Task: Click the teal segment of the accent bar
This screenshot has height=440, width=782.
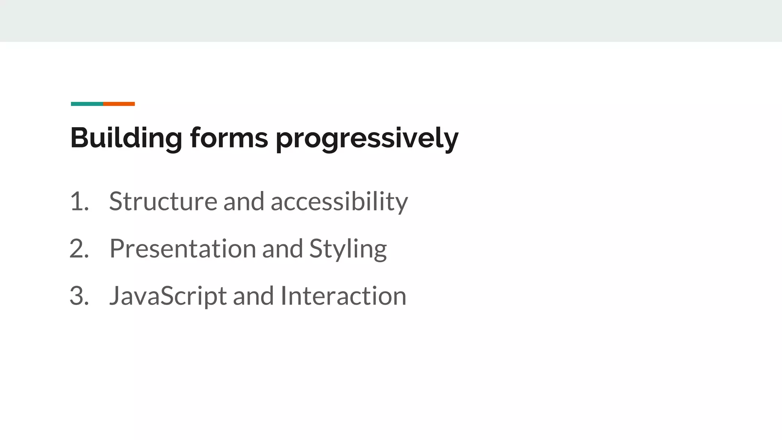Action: tap(87, 104)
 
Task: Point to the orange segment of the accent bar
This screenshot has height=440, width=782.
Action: tap(119, 104)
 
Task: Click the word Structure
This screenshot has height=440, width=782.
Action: tap(163, 201)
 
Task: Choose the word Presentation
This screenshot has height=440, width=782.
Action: tap(183, 249)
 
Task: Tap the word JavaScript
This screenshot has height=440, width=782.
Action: tap(168, 296)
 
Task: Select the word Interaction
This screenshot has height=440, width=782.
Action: tap(343, 296)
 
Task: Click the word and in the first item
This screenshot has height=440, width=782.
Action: tap(244, 201)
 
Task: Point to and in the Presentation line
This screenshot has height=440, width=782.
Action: tap(282, 249)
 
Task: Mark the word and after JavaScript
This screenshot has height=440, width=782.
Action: tap(253, 296)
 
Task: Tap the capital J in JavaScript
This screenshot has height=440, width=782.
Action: tap(115, 296)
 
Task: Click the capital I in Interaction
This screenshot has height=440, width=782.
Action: tap(283, 296)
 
